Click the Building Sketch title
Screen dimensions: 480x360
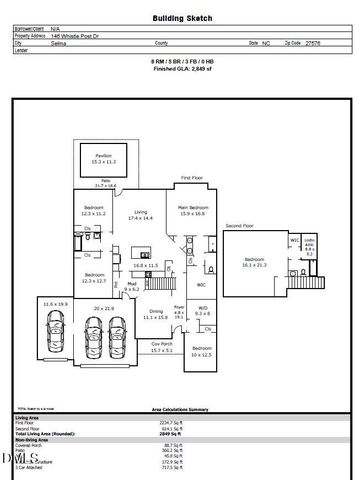pyautogui.click(x=180, y=18)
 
